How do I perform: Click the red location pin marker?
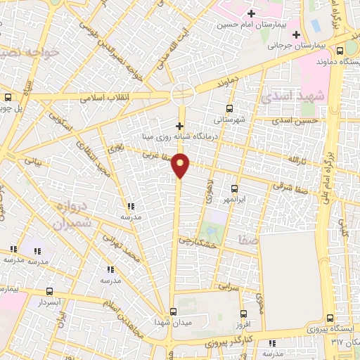pos(181,165)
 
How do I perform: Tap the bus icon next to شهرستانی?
pos(229,108)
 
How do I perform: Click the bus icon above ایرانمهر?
pos(234,188)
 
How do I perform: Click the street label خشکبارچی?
pos(200,240)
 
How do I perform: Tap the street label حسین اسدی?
pos(302,121)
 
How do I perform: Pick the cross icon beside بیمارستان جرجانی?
pos(296,34)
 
